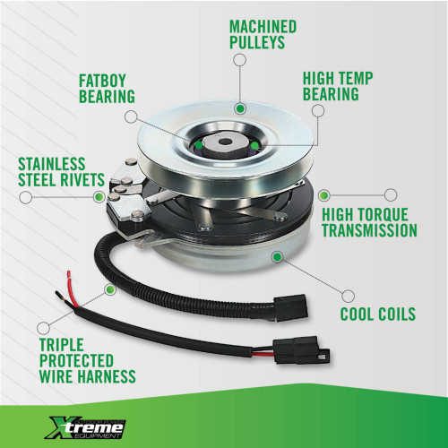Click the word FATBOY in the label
click(x=102, y=81)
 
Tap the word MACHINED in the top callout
click(x=263, y=27)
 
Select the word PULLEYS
click(x=257, y=42)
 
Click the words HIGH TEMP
click(x=338, y=79)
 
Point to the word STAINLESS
click(x=52, y=164)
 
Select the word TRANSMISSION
click(x=369, y=230)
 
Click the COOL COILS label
click(x=378, y=314)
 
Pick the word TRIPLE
click(x=62, y=345)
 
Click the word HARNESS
click(x=107, y=376)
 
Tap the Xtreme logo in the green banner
click(x=85, y=428)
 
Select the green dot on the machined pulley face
click(x=240, y=108)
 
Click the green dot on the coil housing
click(x=278, y=256)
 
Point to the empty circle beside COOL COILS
click(x=348, y=296)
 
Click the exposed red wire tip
click(x=70, y=274)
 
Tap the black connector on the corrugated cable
click(x=290, y=308)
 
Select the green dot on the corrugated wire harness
click(x=109, y=289)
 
